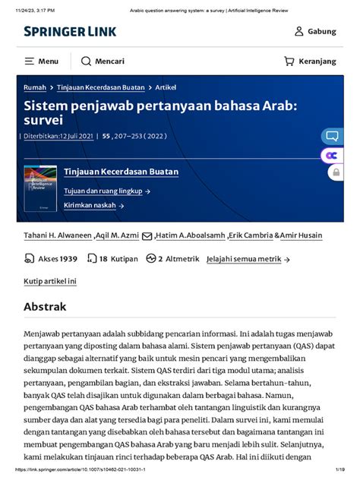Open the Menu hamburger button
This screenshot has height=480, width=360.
(x=42, y=61)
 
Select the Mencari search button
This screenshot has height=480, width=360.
(x=103, y=61)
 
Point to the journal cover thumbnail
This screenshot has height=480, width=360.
(x=39, y=188)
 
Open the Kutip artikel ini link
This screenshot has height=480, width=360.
(x=50, y=281)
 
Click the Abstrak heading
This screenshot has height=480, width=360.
(x=45, y=307)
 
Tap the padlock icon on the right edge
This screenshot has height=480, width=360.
(x=335, y=172)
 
